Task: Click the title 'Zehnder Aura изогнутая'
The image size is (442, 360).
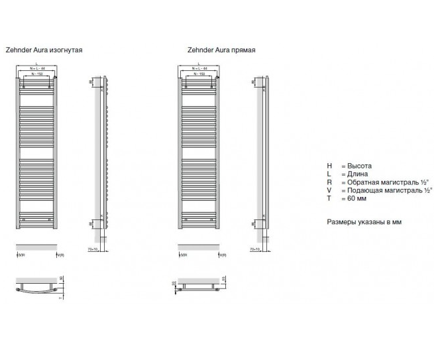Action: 44,50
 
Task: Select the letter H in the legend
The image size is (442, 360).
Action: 329,166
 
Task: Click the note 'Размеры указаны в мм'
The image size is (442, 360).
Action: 364,222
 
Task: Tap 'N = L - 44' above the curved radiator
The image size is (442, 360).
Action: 37,69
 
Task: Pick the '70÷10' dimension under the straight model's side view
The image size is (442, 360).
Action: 255,250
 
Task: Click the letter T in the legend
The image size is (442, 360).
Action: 329,198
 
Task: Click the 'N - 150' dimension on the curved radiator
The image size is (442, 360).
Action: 37,76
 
